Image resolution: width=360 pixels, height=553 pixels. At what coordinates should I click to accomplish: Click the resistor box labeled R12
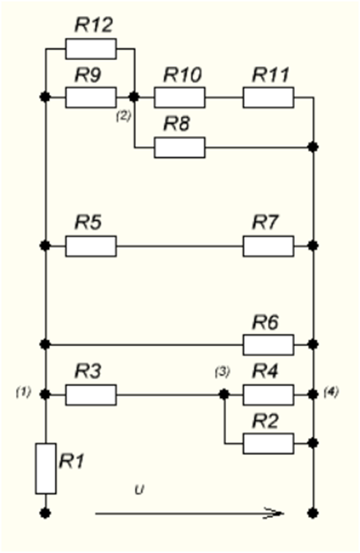(91, 49)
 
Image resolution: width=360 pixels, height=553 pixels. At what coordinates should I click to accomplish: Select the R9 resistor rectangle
(91, 97)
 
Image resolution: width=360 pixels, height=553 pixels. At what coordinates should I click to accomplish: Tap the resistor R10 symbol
(180, 97)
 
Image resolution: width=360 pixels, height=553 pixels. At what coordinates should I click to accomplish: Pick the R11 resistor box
(269, 97)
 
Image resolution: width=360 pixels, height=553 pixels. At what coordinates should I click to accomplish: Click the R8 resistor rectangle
(180, 148)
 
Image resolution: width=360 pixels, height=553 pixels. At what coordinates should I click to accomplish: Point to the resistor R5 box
(91, 246)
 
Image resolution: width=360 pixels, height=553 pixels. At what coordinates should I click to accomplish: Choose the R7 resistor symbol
(269, 246)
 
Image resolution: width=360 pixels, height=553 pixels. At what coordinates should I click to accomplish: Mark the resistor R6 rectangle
(269, 345)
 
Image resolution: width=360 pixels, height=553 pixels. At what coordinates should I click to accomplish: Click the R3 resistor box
(91, 395)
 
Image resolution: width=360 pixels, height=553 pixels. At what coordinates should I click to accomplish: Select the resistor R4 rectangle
(269, 395)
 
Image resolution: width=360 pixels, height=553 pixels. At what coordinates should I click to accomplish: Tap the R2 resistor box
(269, 443)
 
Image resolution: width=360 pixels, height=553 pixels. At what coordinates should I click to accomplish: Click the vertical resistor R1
(45, 468)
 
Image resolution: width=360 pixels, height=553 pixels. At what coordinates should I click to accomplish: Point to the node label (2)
(124, 116)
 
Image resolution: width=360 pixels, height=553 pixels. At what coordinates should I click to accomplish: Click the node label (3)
(222, 372)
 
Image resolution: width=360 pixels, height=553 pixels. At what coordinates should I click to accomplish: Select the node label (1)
(23, 392)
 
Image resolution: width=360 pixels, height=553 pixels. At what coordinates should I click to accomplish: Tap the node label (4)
(331, 392)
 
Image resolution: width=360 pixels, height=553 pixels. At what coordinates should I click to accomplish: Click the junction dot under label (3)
(224, 394)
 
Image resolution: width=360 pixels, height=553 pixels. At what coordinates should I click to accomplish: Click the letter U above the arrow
(140, 490)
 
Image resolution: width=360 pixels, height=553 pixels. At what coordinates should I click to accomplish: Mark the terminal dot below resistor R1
(45, 513)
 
